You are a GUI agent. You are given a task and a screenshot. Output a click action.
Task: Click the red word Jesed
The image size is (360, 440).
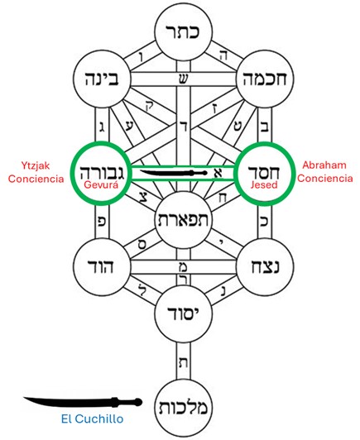(x=264, y=184)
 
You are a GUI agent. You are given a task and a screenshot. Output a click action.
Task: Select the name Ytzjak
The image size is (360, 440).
(x=36, y=165)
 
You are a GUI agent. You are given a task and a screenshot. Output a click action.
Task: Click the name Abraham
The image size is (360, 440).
(x=324, y=165)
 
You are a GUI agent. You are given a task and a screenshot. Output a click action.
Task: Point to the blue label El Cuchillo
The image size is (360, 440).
(x=92, y=419)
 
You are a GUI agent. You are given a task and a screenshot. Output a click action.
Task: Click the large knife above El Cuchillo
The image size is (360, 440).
(x=83, y=402)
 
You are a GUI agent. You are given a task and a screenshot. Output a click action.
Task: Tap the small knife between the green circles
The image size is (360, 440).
(x=174, y=173)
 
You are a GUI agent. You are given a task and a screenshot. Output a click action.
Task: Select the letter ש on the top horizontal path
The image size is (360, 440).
(x=184, y=79)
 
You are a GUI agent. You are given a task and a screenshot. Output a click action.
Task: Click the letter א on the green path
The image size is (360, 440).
(x=218, y=173)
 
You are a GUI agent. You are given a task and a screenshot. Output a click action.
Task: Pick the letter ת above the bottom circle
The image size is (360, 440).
(x=183, y=363)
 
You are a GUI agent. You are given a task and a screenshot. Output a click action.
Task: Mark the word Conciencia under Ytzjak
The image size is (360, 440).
(x=36, y=179)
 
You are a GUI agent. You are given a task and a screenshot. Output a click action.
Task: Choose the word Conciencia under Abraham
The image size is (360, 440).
(x=325, y=178)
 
